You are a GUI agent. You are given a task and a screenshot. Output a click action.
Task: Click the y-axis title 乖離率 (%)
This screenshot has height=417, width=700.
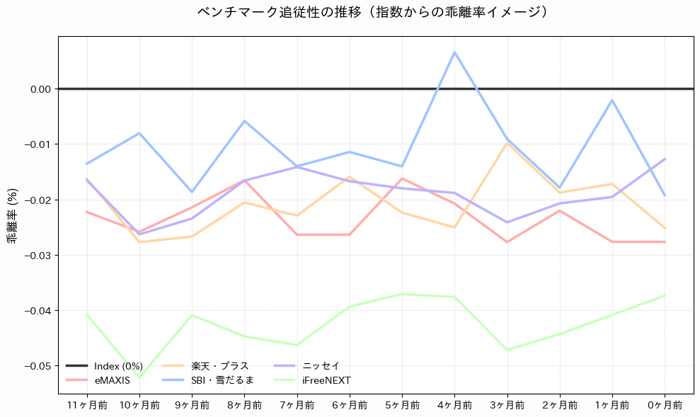[12, 215]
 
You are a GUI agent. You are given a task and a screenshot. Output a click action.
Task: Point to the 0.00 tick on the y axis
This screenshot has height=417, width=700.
[40, 89]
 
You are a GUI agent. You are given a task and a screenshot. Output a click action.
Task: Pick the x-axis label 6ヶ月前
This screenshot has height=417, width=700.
[350, 405]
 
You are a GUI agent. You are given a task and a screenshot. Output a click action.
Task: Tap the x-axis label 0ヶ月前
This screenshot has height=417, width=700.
[665, 405]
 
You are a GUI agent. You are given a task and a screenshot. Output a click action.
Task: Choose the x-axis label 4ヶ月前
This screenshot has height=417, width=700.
[454, 405]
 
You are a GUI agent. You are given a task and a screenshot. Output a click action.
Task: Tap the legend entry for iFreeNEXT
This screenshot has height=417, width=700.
[326, 380]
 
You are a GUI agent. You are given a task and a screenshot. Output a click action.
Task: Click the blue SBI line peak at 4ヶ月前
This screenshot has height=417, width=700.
[454, 52]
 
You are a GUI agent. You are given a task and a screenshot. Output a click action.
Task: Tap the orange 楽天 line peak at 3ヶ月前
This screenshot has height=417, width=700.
[507, 142]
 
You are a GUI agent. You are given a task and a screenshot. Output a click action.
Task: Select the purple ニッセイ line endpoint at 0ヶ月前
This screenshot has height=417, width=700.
[665, 159]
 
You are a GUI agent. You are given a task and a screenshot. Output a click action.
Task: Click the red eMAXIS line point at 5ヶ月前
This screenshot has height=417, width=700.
[402, 178]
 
